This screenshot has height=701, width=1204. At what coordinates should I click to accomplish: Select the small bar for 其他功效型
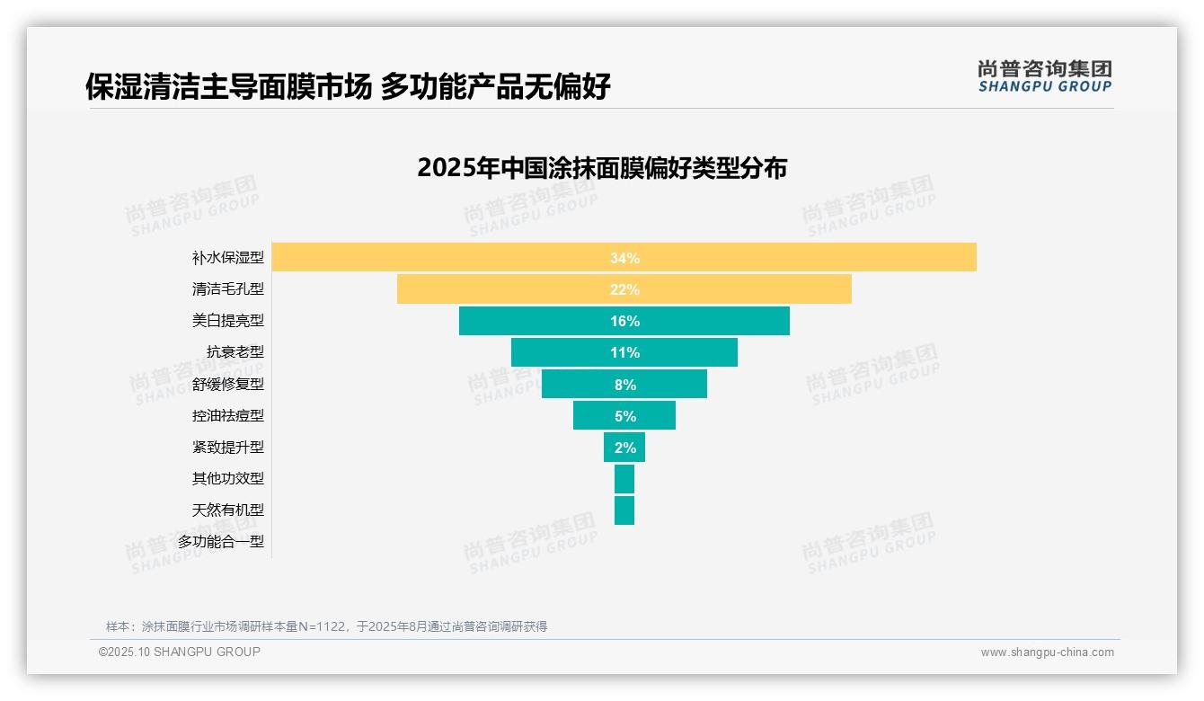coord(624,478)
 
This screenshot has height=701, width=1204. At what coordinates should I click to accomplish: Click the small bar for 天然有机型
coord(624,510)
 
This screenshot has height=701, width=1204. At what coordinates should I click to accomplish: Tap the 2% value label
coord(624,448)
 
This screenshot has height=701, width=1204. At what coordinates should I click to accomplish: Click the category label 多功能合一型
coord(221,542)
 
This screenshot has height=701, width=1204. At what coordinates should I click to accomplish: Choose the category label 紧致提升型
coord(228,448)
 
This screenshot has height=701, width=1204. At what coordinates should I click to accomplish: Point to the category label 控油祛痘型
coord(228,415)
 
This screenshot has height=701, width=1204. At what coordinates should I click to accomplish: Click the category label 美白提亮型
coord(228,321)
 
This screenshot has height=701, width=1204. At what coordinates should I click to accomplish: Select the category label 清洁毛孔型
coord(228,289)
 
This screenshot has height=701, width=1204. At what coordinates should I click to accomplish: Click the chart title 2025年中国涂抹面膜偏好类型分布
coord(602,168)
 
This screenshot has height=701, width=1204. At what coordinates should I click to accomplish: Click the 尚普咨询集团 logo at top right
coord(1045,76)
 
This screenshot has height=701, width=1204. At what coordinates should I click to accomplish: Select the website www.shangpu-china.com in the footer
coord(1047,652)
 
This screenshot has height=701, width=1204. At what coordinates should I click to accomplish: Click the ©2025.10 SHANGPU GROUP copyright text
coord(180,652)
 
